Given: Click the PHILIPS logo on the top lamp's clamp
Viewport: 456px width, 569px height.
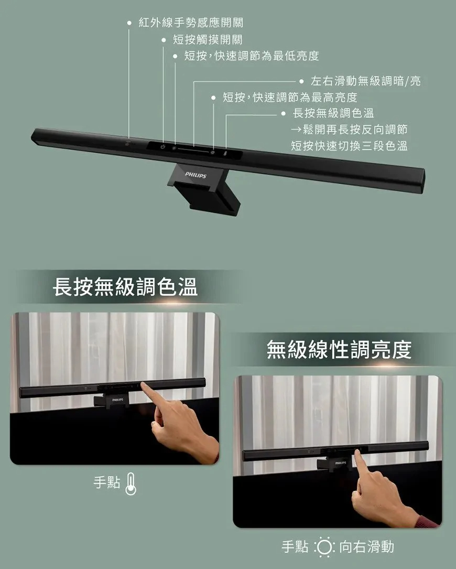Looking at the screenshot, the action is click(196, 175).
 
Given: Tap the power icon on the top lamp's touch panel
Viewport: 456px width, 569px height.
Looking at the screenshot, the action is click(163, 147).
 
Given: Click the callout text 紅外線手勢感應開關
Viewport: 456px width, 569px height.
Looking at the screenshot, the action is click(191, 23).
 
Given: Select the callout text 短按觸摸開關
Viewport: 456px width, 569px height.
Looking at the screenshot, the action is click(208, 39).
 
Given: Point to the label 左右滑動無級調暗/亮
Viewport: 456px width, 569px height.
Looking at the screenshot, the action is click(366, 81).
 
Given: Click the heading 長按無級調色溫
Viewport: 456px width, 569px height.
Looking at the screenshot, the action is click(125, 287).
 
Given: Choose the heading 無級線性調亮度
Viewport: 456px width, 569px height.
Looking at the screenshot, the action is click(339, 350).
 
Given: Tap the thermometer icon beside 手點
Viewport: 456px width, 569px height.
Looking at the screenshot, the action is click(131, 484).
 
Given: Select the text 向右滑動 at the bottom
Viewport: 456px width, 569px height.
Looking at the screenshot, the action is click(367, 546).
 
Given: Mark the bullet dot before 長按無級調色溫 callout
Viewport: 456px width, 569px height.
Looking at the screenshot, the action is click(284, 114).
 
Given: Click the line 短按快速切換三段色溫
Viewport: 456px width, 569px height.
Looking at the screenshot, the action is click(350, 146).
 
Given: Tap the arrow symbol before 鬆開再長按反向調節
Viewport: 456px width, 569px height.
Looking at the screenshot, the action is click(296, 130).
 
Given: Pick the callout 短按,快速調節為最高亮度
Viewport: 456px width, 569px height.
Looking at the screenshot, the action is click(290, 97).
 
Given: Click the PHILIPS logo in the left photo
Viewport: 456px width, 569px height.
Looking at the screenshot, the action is click(117, 400).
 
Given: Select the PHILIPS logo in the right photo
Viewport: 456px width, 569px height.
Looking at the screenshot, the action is click(340, 463).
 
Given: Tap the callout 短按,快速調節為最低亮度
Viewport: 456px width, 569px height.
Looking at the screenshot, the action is click(252, 56).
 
